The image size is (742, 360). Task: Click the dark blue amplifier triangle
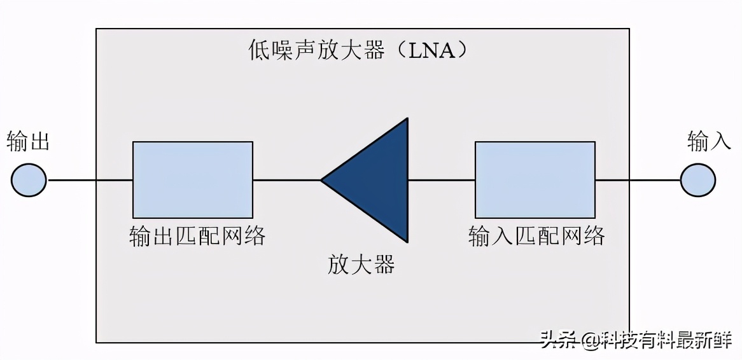click(379, 180)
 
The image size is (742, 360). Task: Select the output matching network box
click(192, 179)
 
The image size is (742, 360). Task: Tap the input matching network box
click(535, 179)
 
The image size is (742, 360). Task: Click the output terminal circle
click(29, 180)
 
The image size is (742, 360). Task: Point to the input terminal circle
click(698, 180)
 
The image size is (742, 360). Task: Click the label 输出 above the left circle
click(28, 141)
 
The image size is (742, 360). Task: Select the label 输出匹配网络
click(197, 236)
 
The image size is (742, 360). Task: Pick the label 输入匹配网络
click(536, 236)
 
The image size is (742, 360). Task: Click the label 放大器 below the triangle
click(361, 263)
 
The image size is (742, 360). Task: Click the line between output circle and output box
click(90, 180)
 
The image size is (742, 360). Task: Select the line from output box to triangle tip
click(286, 180)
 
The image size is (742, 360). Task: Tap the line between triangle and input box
click(441, 180)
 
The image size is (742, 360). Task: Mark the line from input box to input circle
click(637, 180)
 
